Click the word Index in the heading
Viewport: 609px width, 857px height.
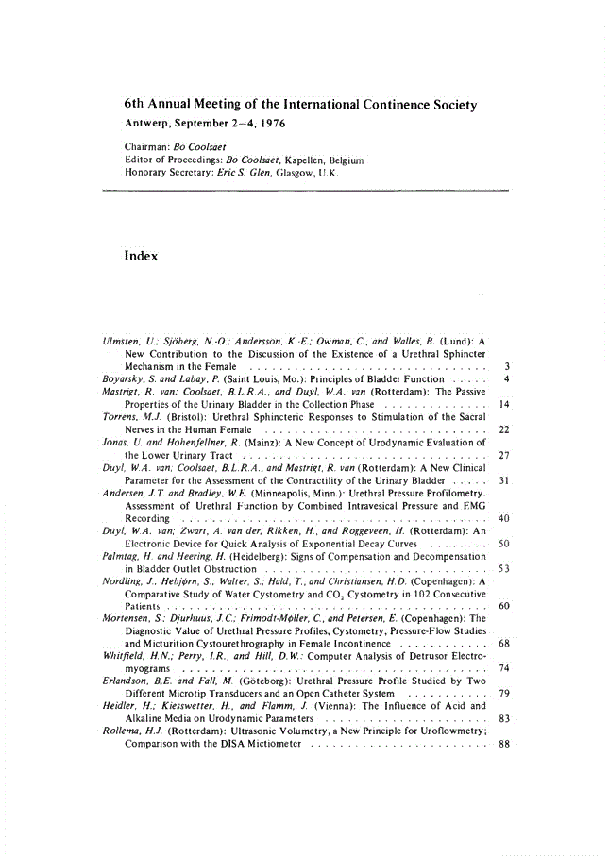pyautogui.click(x=141, y=257)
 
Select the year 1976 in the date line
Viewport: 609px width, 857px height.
pyautogui.click(x=272, y=124)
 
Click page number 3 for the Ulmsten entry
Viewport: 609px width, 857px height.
pyautogui.click(x=507, y=365)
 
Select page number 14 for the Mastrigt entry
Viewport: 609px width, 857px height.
pyautogui.click(x=504, y=403)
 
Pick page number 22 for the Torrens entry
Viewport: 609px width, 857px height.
pyautogui.click(x=504, y=429)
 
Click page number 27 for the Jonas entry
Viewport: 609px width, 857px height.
pyautogui.click(x=504, y=455)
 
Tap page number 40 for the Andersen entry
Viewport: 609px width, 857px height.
pyautogui.click(x=504, y=518)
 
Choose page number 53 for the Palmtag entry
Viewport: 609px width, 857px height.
pyautogui.click(x=504, y=569)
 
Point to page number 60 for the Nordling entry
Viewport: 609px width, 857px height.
pyautogui.click(x=504, y=605)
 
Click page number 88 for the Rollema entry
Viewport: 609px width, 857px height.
pyautogui.click(x=504, y=744)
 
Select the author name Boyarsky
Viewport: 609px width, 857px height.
pyautogui.click(x=123, y=378)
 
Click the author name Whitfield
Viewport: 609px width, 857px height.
pyautogui.click(x=124, y=655)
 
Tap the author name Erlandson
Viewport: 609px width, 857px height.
pyautogui.click(x=125, y=681)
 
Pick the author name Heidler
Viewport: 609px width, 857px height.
pyautogui.click(x=121, y=706)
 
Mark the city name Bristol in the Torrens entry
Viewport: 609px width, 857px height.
pyautogui.click(x=180, y=416)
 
